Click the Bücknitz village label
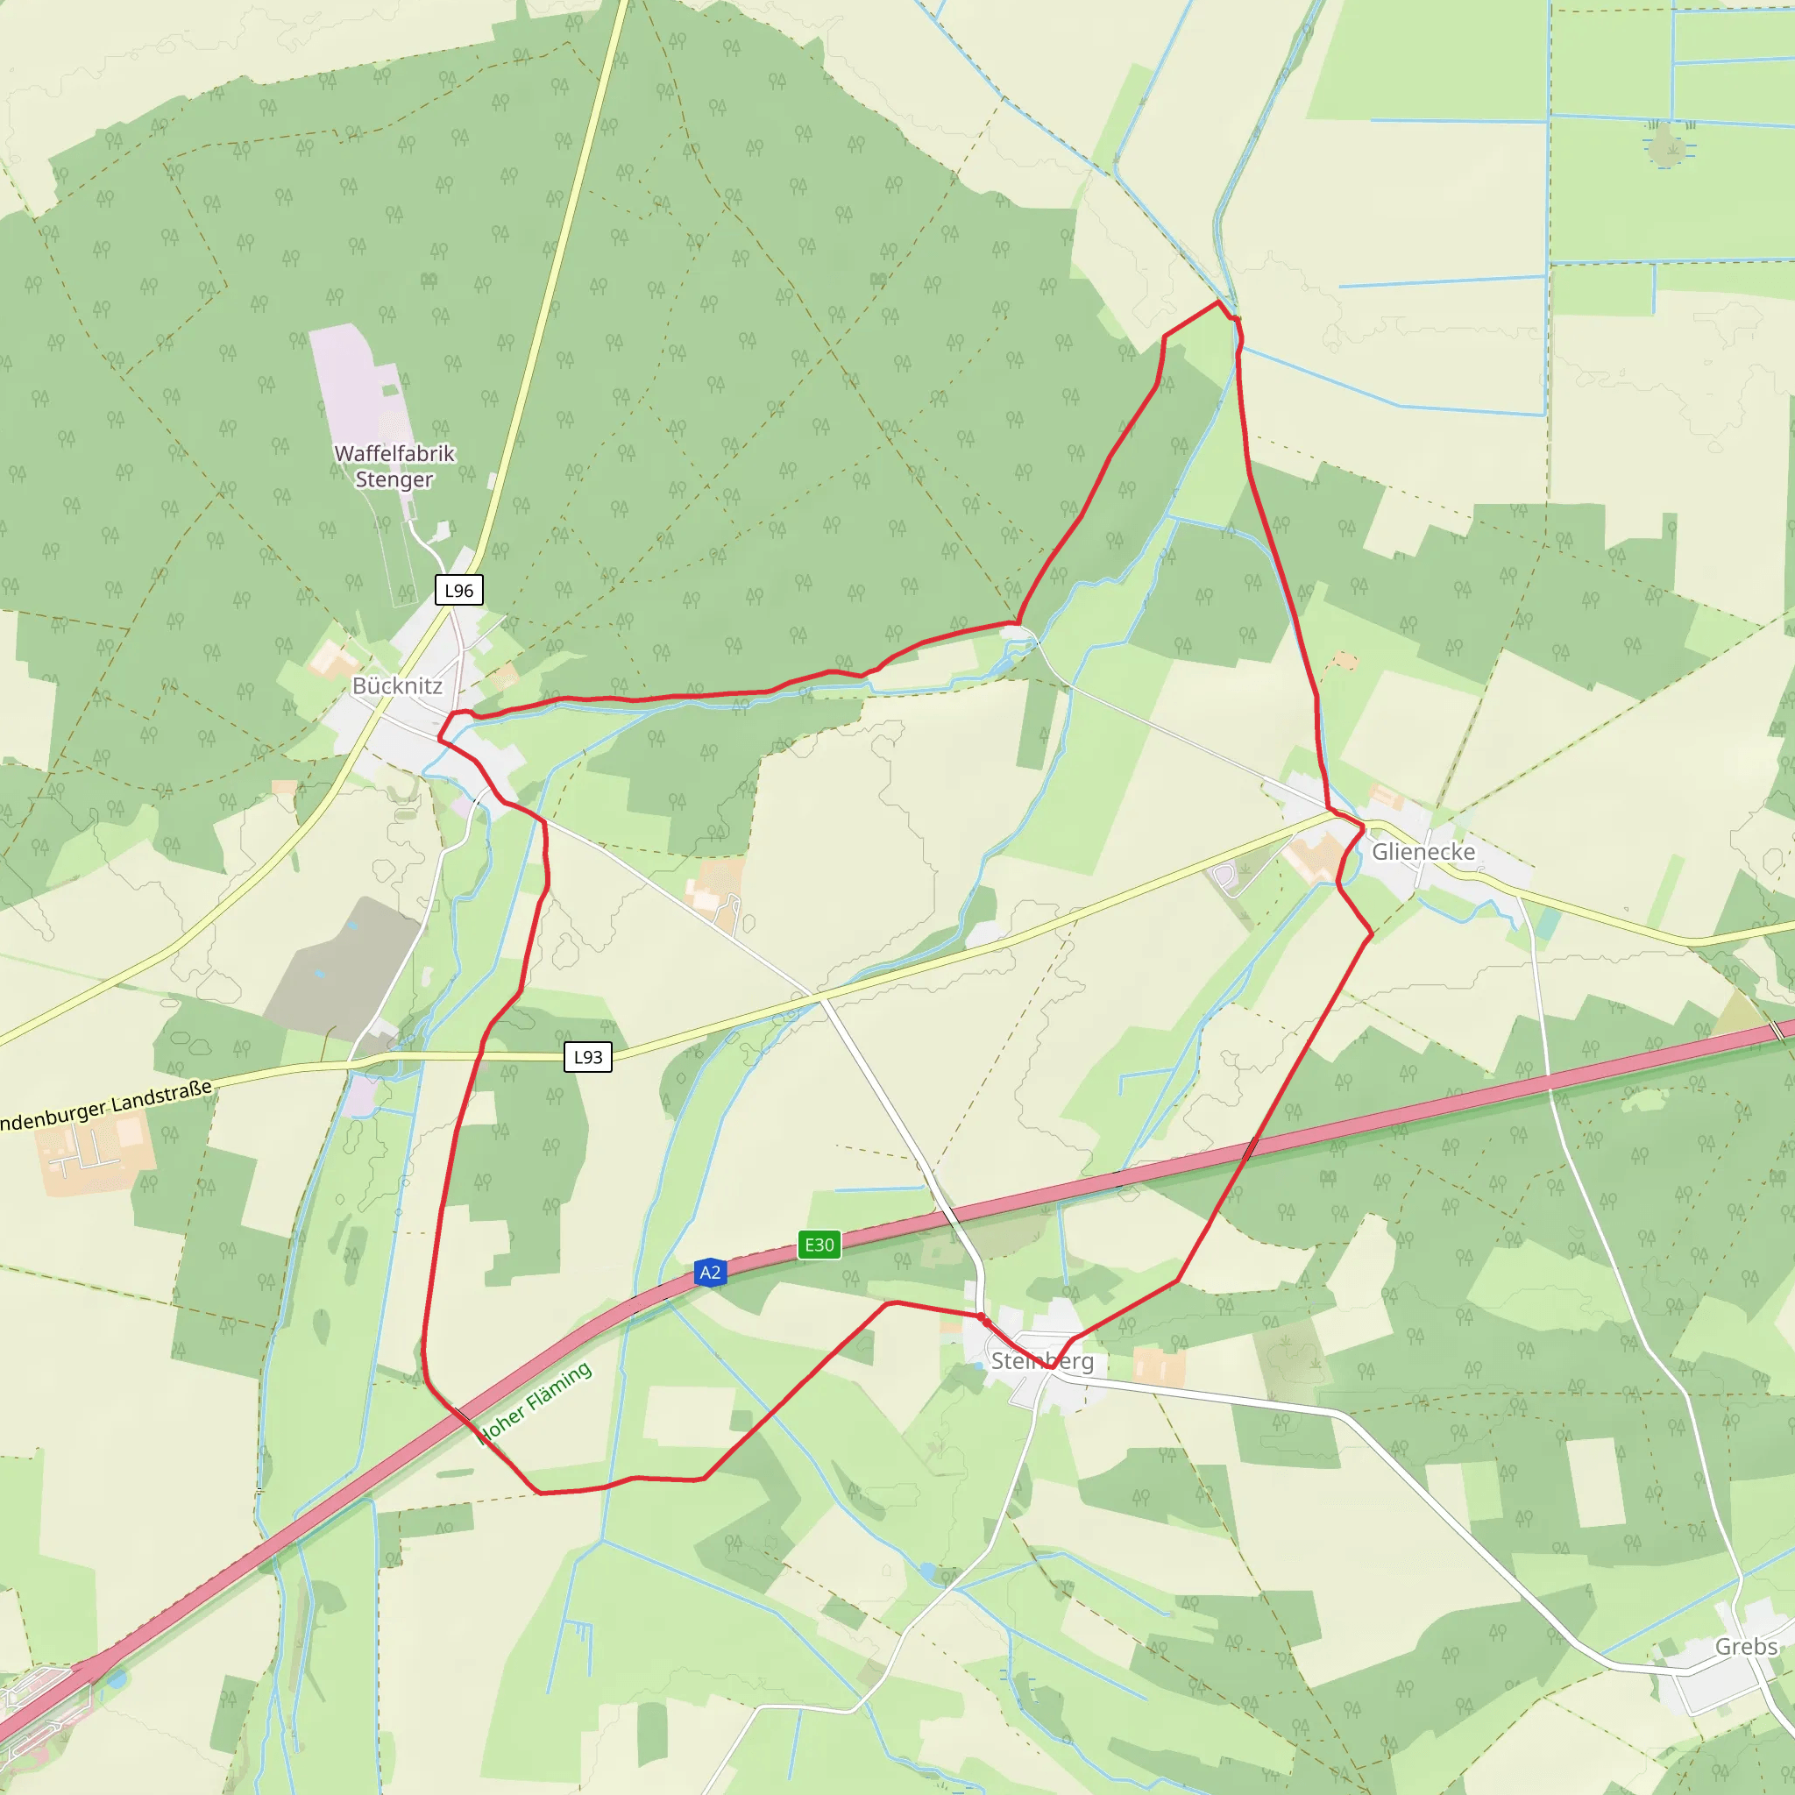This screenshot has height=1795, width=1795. click(x=397, y=685)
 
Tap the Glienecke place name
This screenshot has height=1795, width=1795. click(x=1423, y=851)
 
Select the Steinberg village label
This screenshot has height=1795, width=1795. click(x=1041, y=1361)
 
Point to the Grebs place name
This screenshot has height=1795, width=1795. click(x=1746, y=1646)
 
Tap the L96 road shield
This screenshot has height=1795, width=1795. click(x=459, y=590)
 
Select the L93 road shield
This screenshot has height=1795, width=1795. click(x=588, y=1056)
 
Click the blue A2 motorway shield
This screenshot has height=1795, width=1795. click(x=710, y=1272)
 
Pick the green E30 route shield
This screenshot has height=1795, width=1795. click(x=819, y=1245)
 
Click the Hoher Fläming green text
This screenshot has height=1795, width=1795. click(x=536, y=1402)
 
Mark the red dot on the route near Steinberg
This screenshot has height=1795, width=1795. click(x=982, y=1317)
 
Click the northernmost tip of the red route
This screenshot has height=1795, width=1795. click(x=1218, y=302)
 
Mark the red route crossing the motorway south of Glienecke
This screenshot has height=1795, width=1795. click(x=1252, y=1146)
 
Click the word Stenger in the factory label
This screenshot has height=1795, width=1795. click(x=394, y=479)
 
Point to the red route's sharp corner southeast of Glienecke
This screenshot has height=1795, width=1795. click(x=1372, y=933)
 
